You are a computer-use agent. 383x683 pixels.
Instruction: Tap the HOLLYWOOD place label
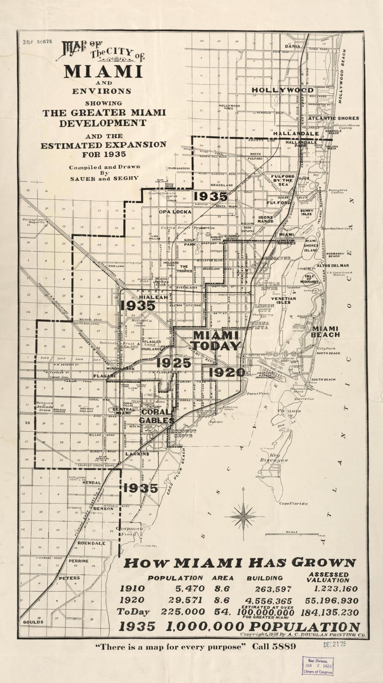pos(282,90)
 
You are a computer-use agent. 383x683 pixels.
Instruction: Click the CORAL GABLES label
pos(156,416)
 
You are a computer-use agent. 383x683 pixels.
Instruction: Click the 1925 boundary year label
pos(173,363)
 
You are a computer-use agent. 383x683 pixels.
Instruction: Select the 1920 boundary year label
pos(223,373)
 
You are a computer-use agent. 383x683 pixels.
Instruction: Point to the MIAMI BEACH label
pos(326,332)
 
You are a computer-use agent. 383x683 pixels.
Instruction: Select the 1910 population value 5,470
pos(190,589)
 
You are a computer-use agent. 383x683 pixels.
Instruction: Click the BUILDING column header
pos(265,578)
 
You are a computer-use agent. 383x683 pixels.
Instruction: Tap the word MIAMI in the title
pos(103,71)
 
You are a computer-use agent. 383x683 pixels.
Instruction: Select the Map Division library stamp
pos(317,666)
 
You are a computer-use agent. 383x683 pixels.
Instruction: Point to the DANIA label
pos(292,46)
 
